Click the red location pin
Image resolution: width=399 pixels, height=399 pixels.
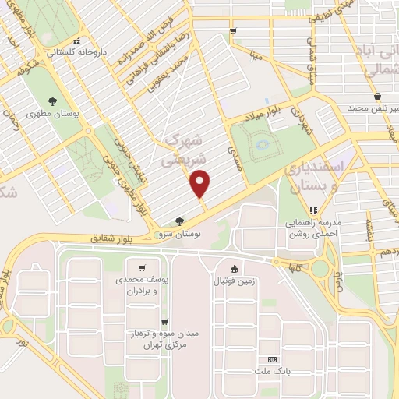(201, 183)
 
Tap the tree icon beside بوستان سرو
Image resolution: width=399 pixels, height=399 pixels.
(180, 221)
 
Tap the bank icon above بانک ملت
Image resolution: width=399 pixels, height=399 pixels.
(271, 359)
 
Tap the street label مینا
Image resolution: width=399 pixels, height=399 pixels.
(255, 56)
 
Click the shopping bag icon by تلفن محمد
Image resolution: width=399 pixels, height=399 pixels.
(377, 96)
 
